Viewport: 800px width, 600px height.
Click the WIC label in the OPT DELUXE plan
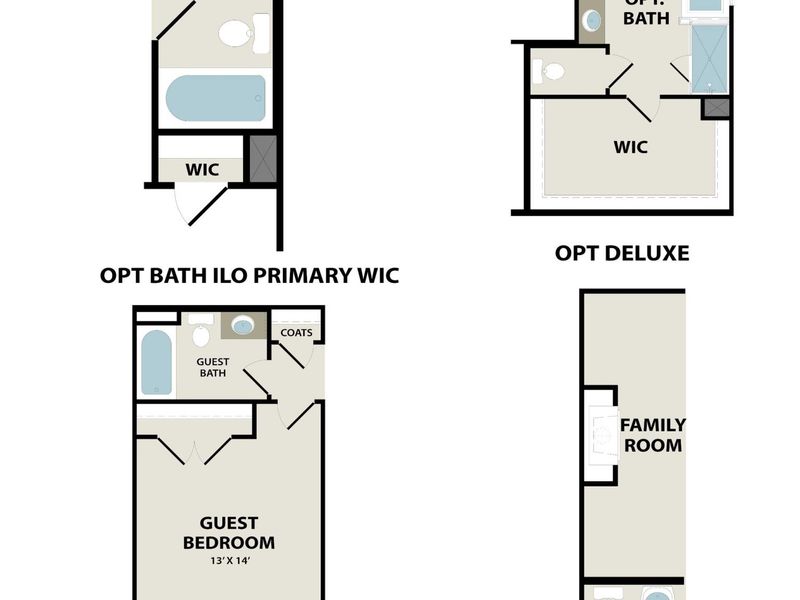point(630,147)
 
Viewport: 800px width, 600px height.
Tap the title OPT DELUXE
point(622,253)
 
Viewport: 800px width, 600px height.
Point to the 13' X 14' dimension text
point(229,562)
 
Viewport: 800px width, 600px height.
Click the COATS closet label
point(296,332)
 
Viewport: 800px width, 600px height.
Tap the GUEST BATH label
point(212,367)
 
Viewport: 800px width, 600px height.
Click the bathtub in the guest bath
point(156,362)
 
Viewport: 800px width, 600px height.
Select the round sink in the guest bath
point(243,325)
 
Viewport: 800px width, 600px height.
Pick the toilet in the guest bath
point(201,333)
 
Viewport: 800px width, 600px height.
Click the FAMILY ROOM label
point(653,435)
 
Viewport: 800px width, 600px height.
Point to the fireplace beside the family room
point(602,435)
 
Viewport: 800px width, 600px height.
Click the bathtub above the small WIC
point(216,98)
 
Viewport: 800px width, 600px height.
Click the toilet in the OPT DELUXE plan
point(549,71)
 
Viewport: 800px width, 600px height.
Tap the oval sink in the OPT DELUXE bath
point(591,20)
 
